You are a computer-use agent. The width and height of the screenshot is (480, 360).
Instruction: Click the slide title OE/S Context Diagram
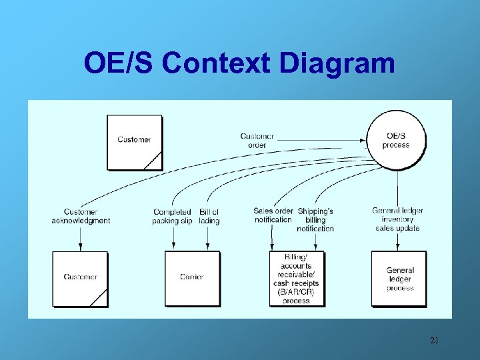[x=239, y=63]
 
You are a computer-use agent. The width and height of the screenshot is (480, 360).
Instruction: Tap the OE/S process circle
[x=396, y=141]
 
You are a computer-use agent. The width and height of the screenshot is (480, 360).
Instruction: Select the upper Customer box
[x=135, y=142]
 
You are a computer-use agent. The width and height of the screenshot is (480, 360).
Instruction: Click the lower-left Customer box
[x=80, y=278]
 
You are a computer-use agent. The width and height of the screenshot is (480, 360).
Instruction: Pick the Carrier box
[x=192, y=278]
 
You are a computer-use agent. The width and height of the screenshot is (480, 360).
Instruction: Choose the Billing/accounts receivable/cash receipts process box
[x=297, y=279]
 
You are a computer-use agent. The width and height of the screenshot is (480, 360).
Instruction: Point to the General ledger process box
[x=399, y=279]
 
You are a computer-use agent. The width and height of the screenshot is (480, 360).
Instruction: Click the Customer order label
[x=257, y=141]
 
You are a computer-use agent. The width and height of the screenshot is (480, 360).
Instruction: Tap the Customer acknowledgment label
[x=81, y=216]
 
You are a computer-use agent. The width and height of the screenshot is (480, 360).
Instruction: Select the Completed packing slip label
[x=172, y=216]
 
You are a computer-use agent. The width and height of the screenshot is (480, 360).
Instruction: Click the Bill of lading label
[x=209, y=216]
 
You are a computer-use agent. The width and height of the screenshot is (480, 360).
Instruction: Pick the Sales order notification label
[x=273, y=215]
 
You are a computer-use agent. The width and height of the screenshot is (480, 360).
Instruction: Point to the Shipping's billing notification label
[x=315, y=219]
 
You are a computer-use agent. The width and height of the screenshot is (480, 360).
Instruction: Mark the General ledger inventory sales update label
[x=398, y=219]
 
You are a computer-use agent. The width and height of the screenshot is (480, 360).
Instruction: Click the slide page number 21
[x=434, y=341]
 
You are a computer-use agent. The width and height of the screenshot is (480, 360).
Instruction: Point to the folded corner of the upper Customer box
[x=155, y=161]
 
